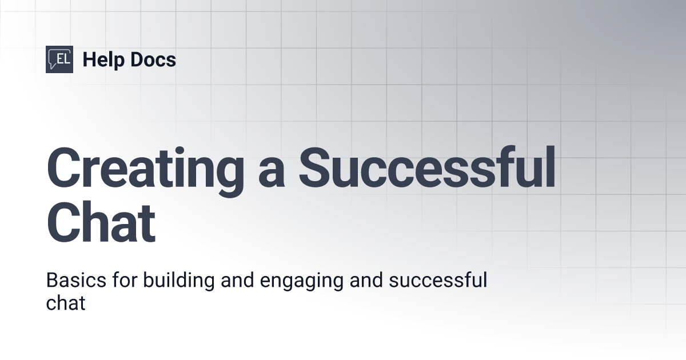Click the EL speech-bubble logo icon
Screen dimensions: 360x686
click(x=59, y=59)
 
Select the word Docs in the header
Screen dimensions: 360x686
click(x=152, y=59)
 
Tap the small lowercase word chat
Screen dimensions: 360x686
click(x=65, y=303)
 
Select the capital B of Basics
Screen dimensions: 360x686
click(x=51, y=281)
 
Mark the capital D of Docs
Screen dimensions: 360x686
click(x=135, y=59)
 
